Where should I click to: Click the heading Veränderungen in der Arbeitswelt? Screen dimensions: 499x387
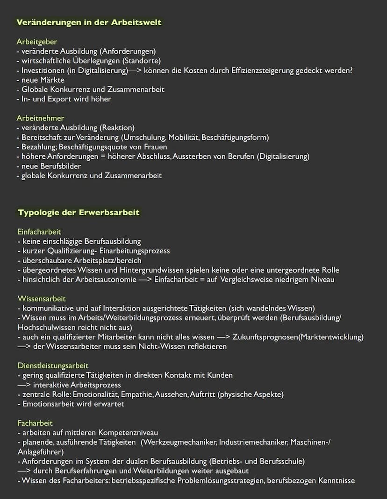click(x=89, y=22)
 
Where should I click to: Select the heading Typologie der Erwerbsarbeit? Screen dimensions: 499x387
click(x=79, y=212)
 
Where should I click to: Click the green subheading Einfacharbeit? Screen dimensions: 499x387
click(x=39, y=232)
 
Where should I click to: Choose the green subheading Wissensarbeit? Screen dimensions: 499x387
click(x=42, y=299)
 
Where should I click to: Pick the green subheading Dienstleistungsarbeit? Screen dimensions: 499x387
click(x=53, y=365)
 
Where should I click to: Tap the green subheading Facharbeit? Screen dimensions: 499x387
click(x=35, y=423)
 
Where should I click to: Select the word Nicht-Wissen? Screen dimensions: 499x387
click(x=149, y=346)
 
